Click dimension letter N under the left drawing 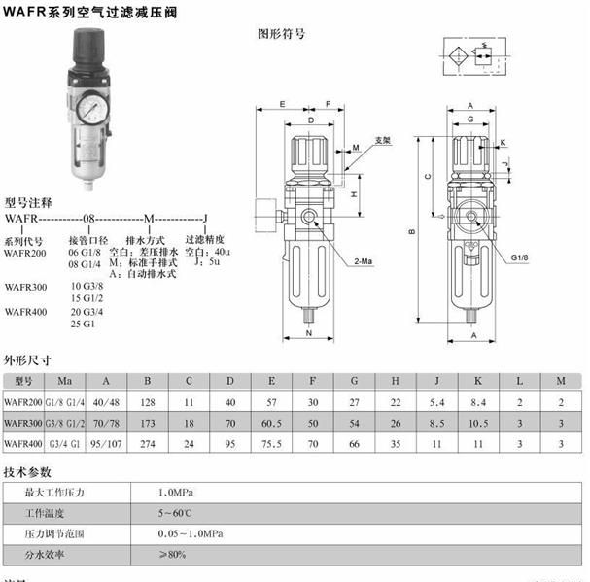coord(309,334)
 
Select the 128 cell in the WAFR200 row coord(147,401)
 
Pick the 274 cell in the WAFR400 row coord(147,444)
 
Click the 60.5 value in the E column coord(271,423)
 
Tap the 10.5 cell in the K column coord(477,423)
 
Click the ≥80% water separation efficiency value coord(174,555)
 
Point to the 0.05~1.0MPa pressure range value coord(191,534)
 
